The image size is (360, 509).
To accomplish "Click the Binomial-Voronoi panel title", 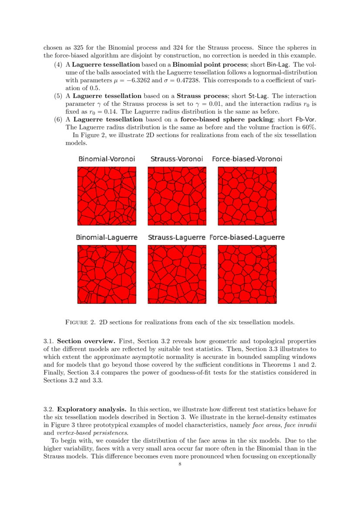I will pos(107,159).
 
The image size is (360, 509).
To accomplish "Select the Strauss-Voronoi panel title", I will pos(177,159).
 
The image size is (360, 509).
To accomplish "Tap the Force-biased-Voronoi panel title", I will pos(247,159).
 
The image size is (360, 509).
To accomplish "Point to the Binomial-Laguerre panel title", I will pos(107,238).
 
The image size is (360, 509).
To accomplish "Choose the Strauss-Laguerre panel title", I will pos(177,238).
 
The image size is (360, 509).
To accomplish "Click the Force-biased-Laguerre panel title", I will pos(247,238).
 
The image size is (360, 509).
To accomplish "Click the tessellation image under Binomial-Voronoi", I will pos(107,196).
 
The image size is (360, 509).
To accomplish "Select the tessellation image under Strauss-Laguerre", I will pos(177,274).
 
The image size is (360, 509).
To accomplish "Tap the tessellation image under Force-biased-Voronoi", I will pos(247,196).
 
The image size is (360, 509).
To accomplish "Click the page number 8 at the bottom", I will pos(180,464).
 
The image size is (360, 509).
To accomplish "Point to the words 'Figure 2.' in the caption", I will pos(80,323).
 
